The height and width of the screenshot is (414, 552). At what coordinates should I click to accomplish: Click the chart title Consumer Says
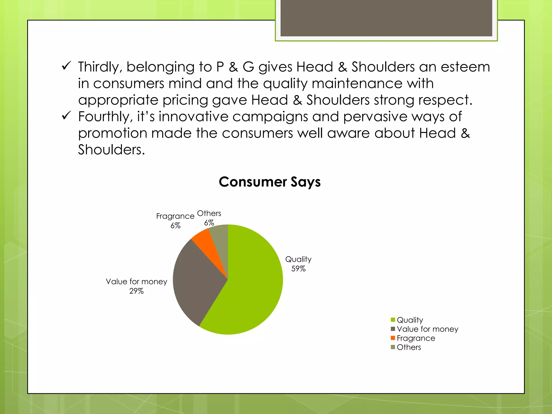[270, 182]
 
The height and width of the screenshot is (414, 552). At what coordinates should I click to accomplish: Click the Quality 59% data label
[298, 264]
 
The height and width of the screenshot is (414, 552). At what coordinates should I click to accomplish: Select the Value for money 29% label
[136, 286]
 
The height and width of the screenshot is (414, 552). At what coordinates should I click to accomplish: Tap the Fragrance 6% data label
[175, 220]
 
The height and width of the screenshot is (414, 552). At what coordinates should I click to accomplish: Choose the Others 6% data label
[209, 218]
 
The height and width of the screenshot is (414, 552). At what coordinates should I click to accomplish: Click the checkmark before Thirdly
[66, 66]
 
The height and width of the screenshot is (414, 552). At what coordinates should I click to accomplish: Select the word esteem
[465, 67]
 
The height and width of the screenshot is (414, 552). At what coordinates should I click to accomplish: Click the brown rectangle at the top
[386, 18]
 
